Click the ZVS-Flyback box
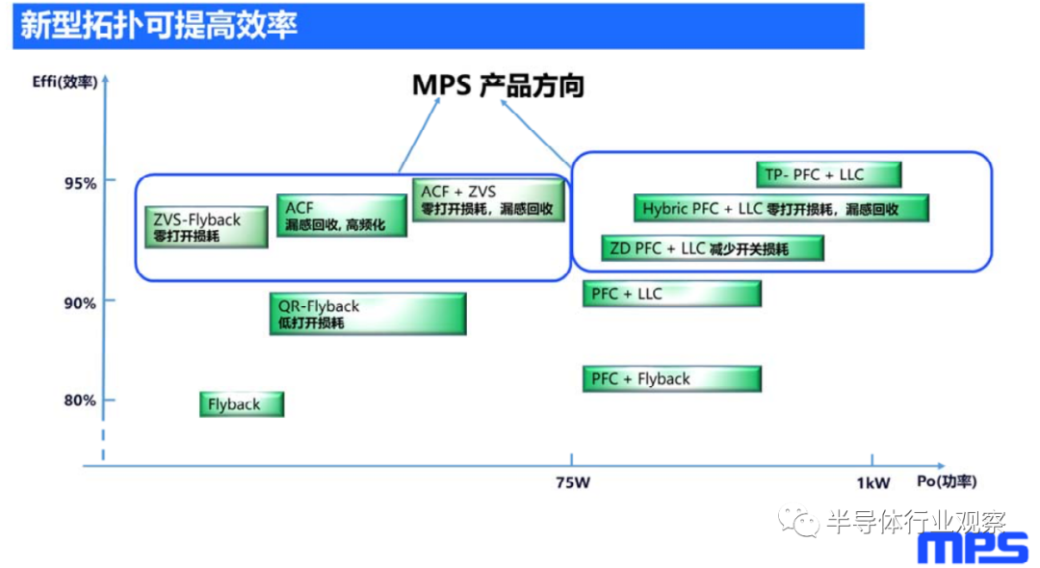206,226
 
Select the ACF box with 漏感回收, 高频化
342,216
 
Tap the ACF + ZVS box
489,199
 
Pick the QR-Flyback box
368,314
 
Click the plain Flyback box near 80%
242,404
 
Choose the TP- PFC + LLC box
828,175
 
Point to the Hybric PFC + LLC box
781,208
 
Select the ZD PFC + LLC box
713,247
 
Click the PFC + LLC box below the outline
672,294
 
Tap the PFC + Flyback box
672,378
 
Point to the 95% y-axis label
80,183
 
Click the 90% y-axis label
80,303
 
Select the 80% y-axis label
80,400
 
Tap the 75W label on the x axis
573,482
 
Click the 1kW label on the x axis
872,483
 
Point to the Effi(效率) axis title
65,82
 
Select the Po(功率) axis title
947,481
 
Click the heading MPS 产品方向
498,86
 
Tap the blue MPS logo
973,549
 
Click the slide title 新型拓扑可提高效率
159,25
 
